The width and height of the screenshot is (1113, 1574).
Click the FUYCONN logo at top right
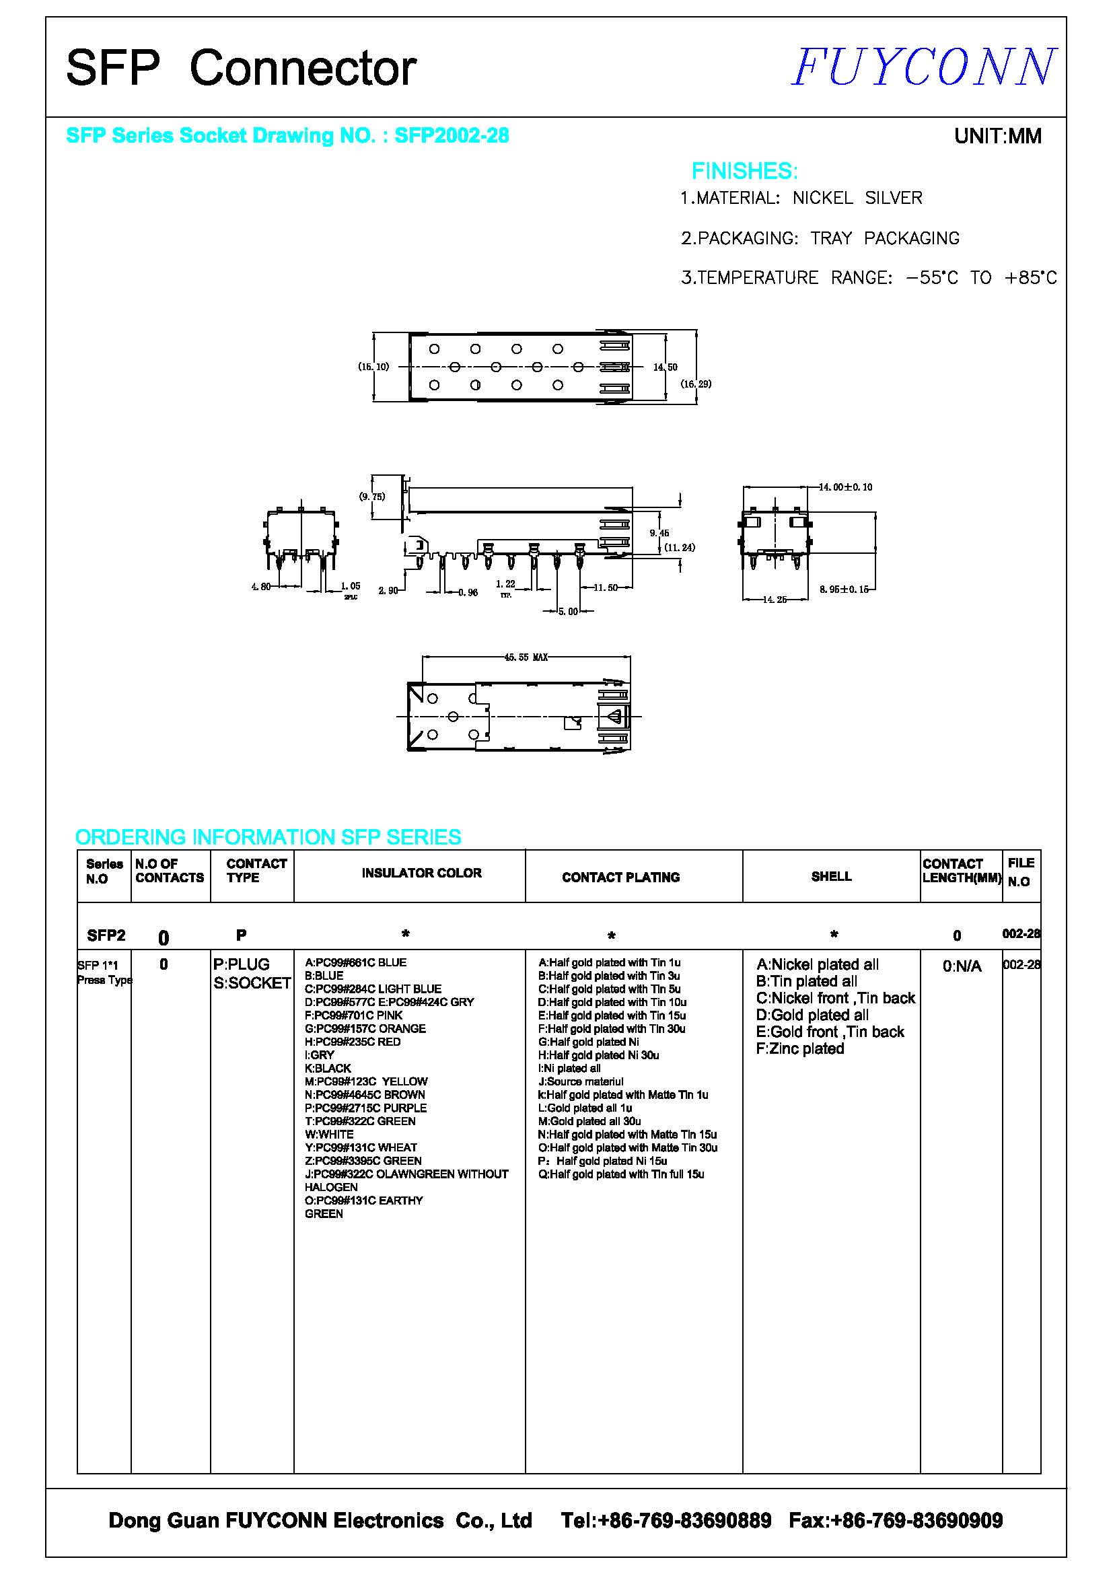(x=924, y=67)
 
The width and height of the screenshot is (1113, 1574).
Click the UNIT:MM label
(x=997, y=137)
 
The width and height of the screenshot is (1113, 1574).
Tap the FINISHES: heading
(x=744, y=171)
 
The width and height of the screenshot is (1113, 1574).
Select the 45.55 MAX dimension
(x=526, y=657)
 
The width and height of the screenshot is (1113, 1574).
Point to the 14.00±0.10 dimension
(x=846, y=487)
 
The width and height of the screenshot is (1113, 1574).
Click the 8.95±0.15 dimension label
(x=844, y=589)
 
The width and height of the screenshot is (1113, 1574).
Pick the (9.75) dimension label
(x=372, y=497)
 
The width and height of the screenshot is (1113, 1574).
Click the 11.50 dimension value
(x=605, y=587)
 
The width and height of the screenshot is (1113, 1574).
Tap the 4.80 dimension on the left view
(x=260, y=587)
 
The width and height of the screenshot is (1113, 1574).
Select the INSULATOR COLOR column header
(x=421, y=873)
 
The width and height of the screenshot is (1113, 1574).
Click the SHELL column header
(x=831, y=877)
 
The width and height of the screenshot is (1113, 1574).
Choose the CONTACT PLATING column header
(x=620, y=878)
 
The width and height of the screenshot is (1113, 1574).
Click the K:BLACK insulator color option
(x=328, y=1069)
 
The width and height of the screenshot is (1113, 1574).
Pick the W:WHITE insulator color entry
(x=329, y=1135)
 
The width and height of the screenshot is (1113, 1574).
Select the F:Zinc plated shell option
(x=800, y=1049)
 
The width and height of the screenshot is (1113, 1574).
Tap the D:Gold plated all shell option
(x=812, y=1015)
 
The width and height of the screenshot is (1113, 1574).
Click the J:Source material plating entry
(x=581, y=1082)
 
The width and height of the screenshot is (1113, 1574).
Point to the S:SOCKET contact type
(x=252, y=984)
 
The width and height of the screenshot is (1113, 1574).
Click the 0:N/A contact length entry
(x=962, y=966)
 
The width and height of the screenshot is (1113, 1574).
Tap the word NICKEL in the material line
(x=822, y=198)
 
